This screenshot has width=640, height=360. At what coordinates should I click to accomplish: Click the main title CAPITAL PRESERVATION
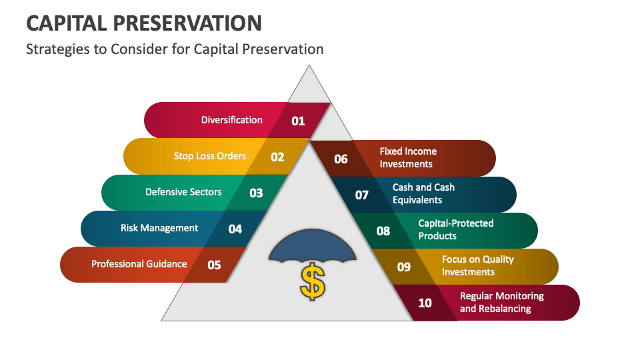[143, 23]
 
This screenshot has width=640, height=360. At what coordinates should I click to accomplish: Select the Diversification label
[232, 120]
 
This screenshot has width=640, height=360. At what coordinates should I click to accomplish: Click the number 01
[298, 121]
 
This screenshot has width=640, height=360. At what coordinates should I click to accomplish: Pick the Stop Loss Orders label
[210, 156]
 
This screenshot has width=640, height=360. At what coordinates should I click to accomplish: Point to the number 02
[277, 157]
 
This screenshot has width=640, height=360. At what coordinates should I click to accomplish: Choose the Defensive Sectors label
[183, 192]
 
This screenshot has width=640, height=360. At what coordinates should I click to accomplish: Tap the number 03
[256, 193]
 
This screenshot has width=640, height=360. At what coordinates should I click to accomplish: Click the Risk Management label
[159, 228]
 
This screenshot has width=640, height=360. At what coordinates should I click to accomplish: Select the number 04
[235, 229]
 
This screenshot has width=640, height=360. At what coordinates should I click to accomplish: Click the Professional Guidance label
[139, 264]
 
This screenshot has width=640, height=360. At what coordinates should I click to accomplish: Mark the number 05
[214, 265]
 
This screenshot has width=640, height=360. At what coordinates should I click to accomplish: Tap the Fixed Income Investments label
[408, 158]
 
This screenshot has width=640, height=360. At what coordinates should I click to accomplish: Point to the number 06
[341, 159]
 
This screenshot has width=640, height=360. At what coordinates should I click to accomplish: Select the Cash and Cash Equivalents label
[423, 194]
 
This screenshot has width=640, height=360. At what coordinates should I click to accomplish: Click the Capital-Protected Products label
[456, 230]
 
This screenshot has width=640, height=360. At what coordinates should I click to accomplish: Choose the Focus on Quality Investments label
[477, 265]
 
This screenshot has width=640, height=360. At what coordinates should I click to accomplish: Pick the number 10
[425, 303]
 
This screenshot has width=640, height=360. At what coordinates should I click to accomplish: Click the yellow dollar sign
[313, 281]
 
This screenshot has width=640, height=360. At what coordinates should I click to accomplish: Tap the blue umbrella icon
[313, 247]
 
